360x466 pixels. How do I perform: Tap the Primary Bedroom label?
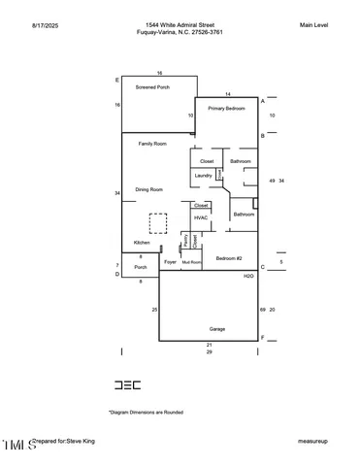pyautogui.click(x=227, y=109)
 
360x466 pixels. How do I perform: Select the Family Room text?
pyautogui.click(x=152, y=144)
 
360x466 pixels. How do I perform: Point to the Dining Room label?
pyautogui.click(x=148, y=189)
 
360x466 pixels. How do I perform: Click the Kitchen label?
pyautogui.click(x=142, y=242)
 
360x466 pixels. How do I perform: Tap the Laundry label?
pyautogui.click(x=203, y=175)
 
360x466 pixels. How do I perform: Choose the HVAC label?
pyautogui.click(x=201, y=217)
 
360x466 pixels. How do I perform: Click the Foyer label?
pyautogui.click(x=170, y=262)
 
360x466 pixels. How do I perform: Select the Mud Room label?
pyautogui.click(x=191, y=262)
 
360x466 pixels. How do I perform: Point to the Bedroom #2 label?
pyautogui.click(x=228, y=258)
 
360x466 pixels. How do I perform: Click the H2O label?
pyautogui.click(x=248, y=277)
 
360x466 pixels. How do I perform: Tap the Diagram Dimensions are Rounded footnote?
pyautogui.click(x=146, y=412)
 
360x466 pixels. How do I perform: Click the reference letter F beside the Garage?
pyautogui.click(x=262, y=338)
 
